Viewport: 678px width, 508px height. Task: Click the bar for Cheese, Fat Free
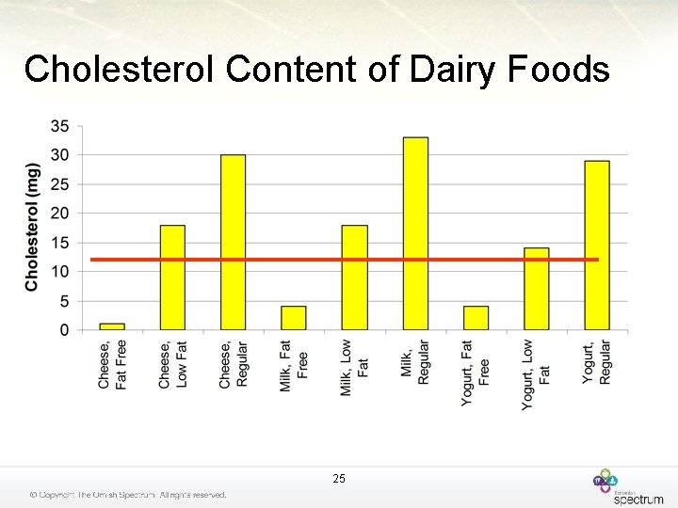(x=112, y=326)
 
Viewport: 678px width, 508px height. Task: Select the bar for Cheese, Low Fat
(x=172, y=278)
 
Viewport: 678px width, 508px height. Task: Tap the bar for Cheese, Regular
(x=233, y=242)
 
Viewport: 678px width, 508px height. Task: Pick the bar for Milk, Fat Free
(x=294, y=318)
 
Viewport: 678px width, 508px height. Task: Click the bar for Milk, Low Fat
(x=354, y=278)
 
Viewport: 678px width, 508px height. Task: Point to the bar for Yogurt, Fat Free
(x=476, y=318)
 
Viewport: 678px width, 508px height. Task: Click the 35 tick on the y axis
(x=59, y=126)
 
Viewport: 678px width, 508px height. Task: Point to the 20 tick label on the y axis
(x=59, y=214)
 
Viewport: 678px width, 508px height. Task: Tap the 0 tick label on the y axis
(x=64, y=330)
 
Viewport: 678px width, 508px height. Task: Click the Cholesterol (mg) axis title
(x=33, y=227)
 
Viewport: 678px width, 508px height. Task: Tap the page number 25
(x=339, y=479)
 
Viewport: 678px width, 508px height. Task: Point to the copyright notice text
(x=127, y=495)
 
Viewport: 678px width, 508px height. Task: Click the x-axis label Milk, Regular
(x=415, y=363)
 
